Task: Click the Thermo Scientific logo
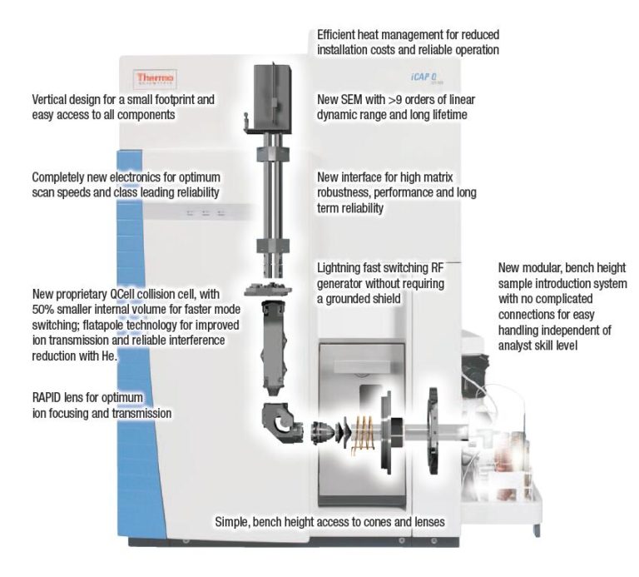coord(155,78)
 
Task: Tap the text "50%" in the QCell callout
coord(43,311)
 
